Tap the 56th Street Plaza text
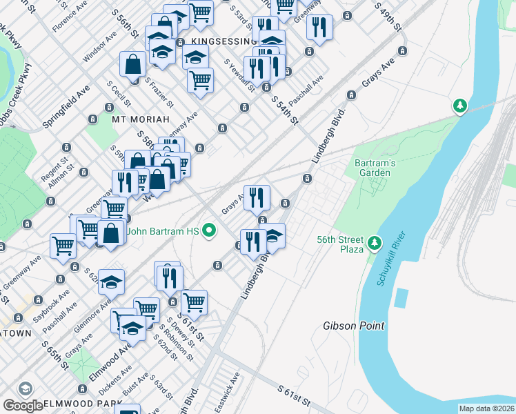tap(340, 244)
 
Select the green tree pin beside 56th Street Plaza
tap(374, 242)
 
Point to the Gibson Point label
tap(354, 326)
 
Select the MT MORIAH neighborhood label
tap(141, 119)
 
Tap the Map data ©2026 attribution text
tap(486, 408)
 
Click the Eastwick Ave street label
tap(228, 388)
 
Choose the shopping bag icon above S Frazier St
tap(132, 64)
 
